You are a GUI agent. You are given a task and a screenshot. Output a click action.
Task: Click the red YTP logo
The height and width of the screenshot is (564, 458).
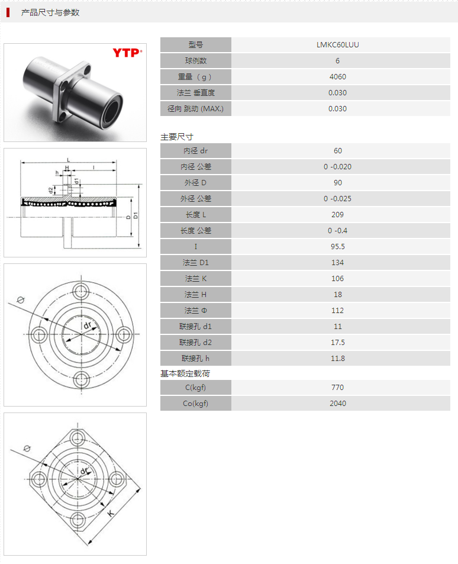pyautogui.click(x=127, y=53)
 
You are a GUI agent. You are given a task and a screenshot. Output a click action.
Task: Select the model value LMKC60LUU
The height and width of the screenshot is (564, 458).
pyautogui.click(x=337, y=45)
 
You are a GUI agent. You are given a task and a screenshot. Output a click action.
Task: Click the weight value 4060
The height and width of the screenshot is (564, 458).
pyautogui.click(x=337, y=77)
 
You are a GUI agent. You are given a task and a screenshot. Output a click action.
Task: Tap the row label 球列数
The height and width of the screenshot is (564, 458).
pyautogui.click(x=195, y=61)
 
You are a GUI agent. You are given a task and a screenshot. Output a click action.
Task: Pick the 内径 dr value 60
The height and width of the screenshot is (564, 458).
pyautogui.click(x=337, y=151)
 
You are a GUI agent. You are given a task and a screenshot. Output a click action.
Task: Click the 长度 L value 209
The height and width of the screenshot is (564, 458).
pyautogui.click(x=337, y=215)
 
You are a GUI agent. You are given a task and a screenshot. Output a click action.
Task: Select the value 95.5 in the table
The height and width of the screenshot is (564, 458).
pyautogui.click(x=337, y=247)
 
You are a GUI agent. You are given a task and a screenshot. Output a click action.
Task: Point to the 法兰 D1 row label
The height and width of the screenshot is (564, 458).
pyautogui.click(x=195, y=263)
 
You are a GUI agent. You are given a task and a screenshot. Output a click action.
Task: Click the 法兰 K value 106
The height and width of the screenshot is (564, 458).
pyautogui.click(x=337, y=279)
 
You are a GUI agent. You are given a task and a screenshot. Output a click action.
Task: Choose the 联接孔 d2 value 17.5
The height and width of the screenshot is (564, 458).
pyautogui.click(x=337, y=343)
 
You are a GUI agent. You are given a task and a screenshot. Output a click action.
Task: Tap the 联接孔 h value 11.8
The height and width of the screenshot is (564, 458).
pyautogui.click(x=337, y=359)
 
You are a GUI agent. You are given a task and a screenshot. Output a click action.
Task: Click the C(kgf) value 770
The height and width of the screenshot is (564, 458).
pyautogui.click(x=337, y=388)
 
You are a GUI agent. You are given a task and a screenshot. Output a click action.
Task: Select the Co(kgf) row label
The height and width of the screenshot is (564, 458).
pyautogui.click(x=195, y=404)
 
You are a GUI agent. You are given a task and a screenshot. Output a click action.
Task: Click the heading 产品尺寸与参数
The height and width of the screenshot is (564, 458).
pyautogui.click(x=50, y=12)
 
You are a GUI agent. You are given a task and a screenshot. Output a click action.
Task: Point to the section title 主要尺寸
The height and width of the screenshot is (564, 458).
pyautogui.click(x=177, y=137)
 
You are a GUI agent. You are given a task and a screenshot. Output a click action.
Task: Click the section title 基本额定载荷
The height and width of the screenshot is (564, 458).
pyautogui.click(x=185, y=373)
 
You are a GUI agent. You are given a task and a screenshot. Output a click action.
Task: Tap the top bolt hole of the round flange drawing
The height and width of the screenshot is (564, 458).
pyautogui.click(x=81, y=290)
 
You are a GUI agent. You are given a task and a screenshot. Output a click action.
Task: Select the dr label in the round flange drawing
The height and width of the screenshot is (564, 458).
pyautogui.click(x=87, y=326)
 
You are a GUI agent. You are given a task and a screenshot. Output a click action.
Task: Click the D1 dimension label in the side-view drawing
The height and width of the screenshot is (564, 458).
pyautogui.click(x=136, y=217)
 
